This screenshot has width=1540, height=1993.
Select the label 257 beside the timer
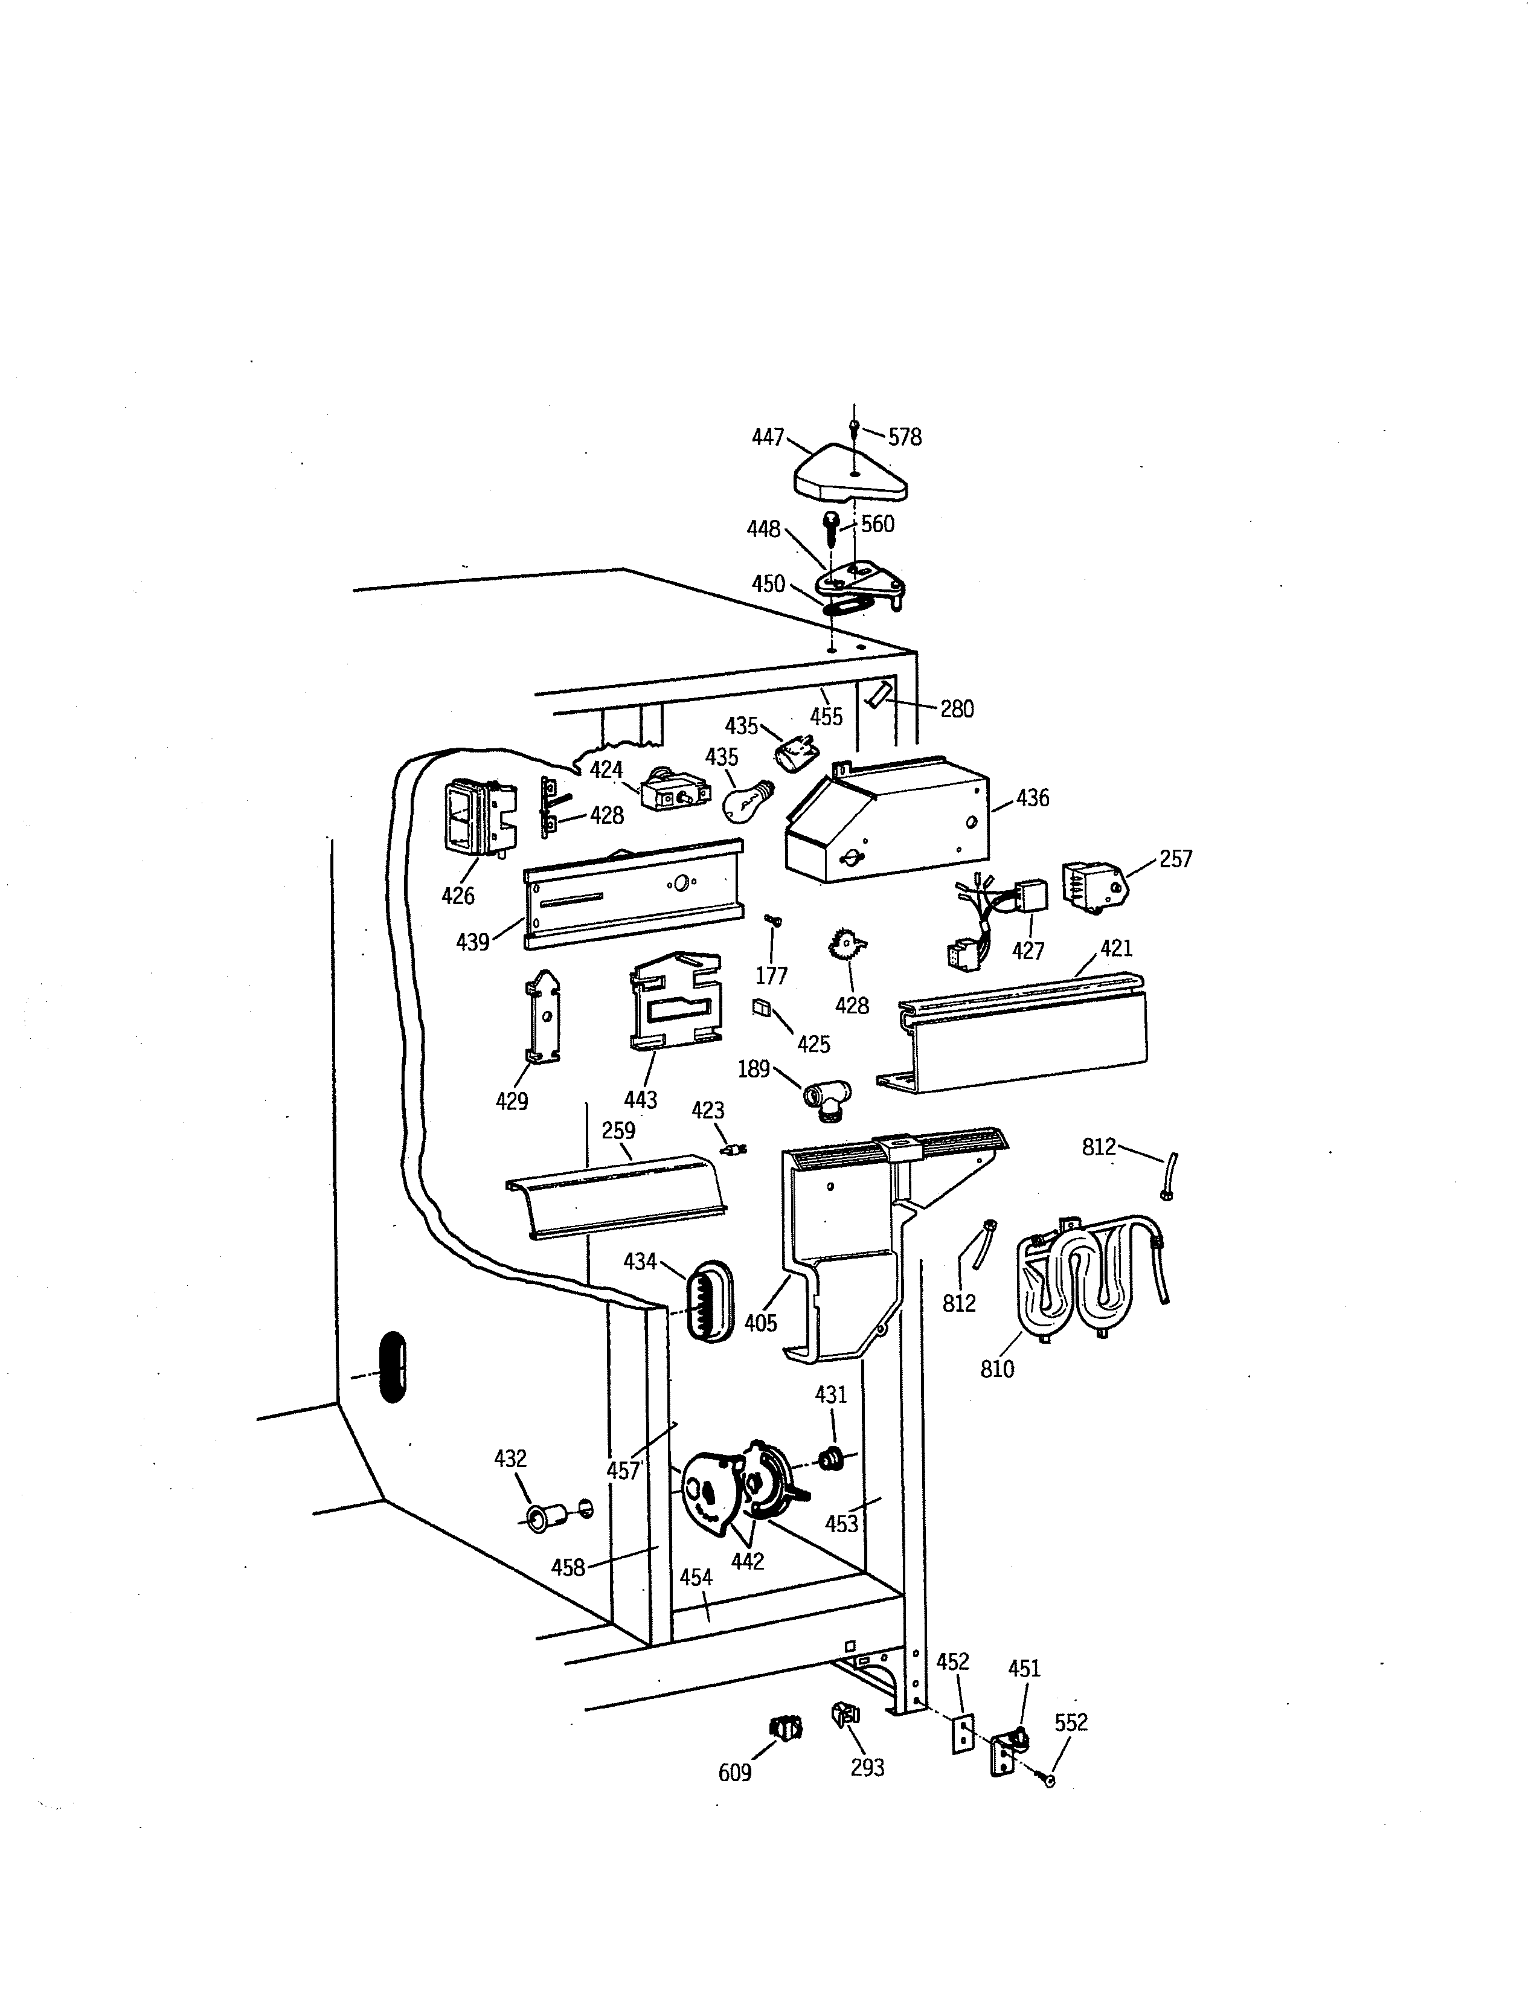point(1175,859)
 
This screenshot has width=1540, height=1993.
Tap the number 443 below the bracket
point(640,1100)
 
